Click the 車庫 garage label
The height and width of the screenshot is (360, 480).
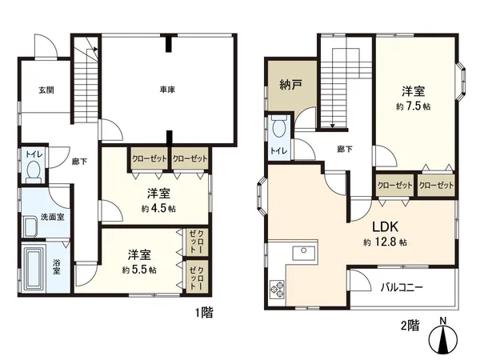tap(167, 89)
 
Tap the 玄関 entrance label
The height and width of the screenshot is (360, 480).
tap(46, 90)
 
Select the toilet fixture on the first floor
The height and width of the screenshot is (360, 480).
tap(34, 170)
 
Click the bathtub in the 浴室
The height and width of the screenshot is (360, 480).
tap(35, 270)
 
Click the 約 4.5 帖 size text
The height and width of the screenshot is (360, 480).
tap(158, 208)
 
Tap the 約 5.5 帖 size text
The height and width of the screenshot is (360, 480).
tap(139, 270)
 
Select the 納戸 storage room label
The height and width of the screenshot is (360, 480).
tap(290, 83)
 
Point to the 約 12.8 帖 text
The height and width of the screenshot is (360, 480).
tap(385, 241)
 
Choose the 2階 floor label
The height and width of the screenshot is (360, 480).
tap(409, 326)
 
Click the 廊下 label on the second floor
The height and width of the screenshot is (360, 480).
tap(345, 149)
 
